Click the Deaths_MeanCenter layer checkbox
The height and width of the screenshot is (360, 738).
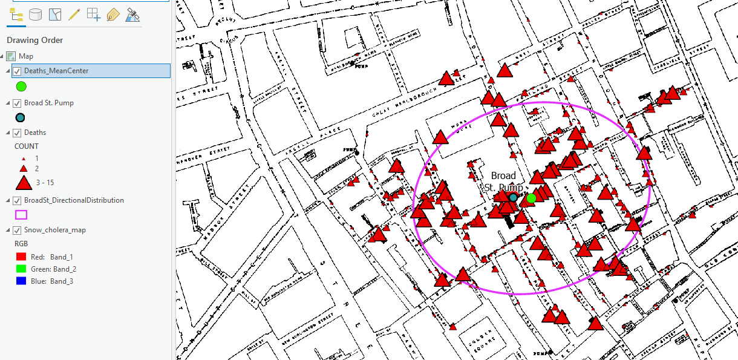coord(17,71)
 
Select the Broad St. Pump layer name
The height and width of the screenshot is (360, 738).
coord(48,103)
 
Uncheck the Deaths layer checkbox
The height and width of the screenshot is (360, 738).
coord(17,133)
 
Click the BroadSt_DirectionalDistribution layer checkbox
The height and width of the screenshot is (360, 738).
coord(17,200)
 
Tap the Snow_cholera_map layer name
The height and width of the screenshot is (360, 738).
coord(54,230)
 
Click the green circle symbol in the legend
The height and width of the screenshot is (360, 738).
coord(21,87)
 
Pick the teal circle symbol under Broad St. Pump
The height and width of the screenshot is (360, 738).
coord(20,117)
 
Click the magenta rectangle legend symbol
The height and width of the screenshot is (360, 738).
coord(21,214)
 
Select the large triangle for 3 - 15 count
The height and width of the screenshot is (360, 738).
coord(23,182)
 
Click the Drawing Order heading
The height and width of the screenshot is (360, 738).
coord(34,41)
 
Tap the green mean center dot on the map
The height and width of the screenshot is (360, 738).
coord(531,198)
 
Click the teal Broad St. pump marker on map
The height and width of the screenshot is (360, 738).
coord(513,197)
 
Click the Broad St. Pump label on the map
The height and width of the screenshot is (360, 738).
coord(503,182)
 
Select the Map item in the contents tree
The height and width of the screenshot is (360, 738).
coord(26,56)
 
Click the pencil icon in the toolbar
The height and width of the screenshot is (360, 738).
coord(74,15)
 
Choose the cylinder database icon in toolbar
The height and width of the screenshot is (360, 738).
coord(36,15)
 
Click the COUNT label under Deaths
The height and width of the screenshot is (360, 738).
coord(27,146)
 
